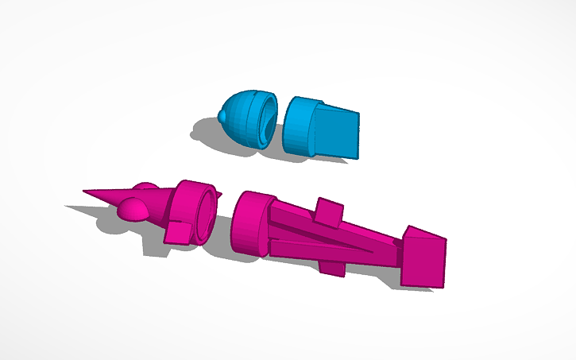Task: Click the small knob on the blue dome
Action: click(x=221, y=118)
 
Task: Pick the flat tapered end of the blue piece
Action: click(x=340, y=132)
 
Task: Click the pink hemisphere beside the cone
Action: click(x=133, y=209)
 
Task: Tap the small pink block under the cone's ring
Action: click(x=178, y=232)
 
